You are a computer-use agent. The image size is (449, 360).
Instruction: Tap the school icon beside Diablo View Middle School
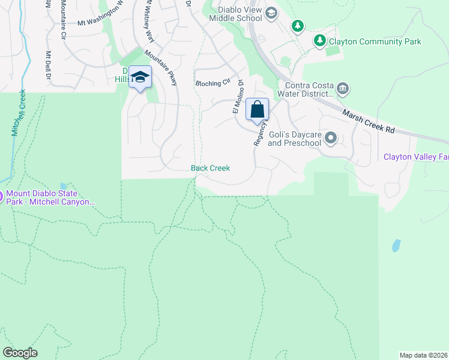(271, 13)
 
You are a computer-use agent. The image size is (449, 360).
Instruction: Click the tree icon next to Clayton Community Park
(321, 41)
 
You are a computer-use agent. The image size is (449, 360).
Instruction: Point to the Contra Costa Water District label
(304, 89)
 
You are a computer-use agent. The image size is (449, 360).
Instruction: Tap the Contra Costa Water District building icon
(343, 89)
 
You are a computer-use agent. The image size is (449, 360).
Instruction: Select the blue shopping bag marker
(257, 110)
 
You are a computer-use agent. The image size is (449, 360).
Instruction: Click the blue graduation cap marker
(140, 77)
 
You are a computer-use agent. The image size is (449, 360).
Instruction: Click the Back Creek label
(210, 168)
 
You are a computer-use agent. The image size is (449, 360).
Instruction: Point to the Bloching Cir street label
(213, 83)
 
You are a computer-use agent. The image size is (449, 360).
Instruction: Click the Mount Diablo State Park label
(50, 199)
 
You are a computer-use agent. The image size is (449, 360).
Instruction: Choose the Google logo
(20, 353)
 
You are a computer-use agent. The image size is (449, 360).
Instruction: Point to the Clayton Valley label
(416, 157)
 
